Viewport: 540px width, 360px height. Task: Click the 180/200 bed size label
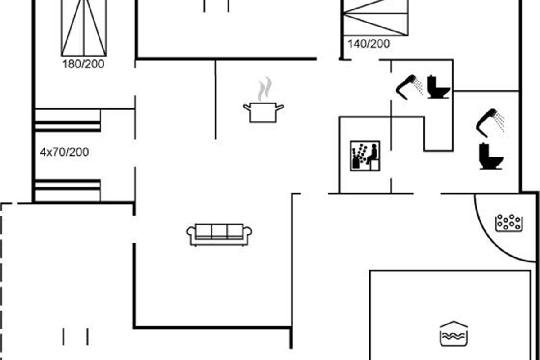(x=83, y=64)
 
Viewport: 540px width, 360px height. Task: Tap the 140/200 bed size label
(x=369, y=44)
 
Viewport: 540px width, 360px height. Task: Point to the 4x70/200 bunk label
(x=64, y=152)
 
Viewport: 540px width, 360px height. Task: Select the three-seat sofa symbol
(x=219, y=234)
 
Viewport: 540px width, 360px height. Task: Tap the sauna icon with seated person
(x=365, y=156)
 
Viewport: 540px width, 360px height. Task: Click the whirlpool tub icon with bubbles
(x=509, y=223)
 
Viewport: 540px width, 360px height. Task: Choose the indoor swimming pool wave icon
(x=454, y=334)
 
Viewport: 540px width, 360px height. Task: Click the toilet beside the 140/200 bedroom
(x=438, y=87)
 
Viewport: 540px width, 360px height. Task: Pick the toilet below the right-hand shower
(x=491, y=156)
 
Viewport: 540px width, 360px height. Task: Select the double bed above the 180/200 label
(x=84, y=28)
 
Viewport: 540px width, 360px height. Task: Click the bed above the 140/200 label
(x=376, y=18)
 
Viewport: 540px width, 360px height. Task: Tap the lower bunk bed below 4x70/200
(x=68, y=190)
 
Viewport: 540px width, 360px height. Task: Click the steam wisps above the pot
(x=265, y=89)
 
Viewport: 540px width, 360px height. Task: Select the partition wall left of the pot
(x=216, y=100)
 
